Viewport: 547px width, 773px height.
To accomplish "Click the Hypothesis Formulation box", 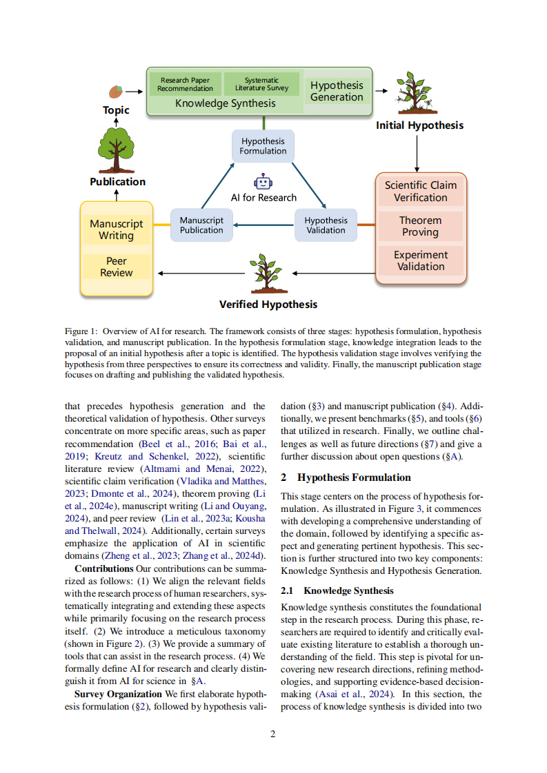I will (263, 146).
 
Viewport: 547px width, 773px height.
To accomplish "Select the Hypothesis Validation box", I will (326, 225).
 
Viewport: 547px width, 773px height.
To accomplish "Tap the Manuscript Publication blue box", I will (201, 225).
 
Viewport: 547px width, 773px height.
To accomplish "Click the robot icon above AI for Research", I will (263, 181).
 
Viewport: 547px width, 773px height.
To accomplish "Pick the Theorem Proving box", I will (420, 227).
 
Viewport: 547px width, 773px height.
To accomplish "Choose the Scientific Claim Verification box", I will (420, 192).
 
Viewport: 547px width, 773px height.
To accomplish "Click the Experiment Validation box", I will (420, 260).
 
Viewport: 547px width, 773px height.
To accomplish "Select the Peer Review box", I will (116, 267).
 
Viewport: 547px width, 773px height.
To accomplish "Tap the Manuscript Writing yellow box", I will (116, 229).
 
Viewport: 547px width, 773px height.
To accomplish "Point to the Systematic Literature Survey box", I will (261, 84).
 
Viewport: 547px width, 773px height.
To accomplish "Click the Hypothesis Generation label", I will (337, 91).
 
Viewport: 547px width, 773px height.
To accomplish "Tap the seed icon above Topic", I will (116, 92).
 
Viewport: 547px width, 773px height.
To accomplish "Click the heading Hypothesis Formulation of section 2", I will (354, 477).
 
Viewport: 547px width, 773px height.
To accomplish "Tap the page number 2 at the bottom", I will (273, 734).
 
